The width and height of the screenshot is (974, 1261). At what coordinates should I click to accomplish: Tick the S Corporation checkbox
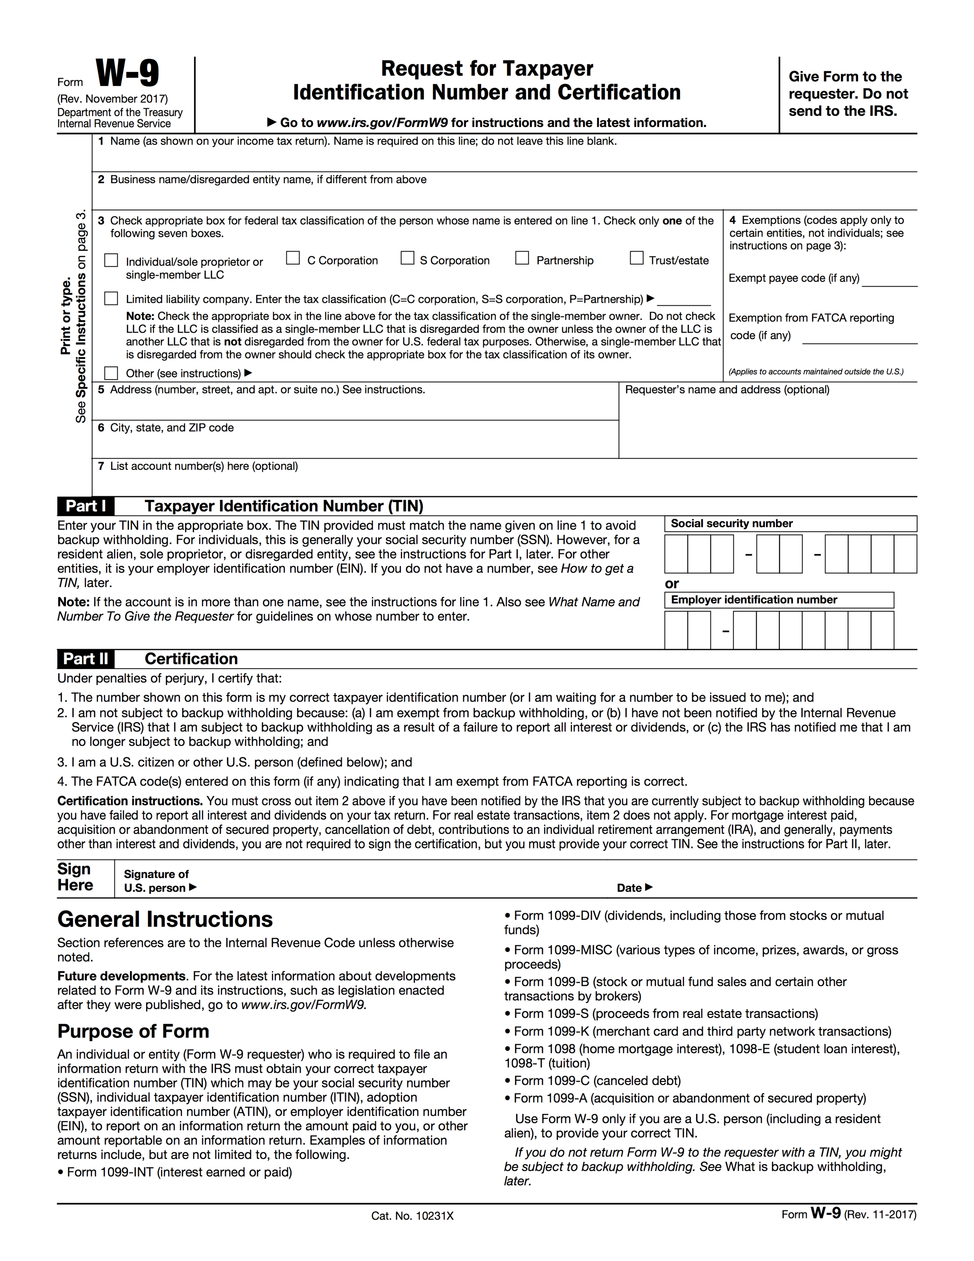[408, 258]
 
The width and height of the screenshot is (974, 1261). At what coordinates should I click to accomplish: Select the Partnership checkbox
[522, 258]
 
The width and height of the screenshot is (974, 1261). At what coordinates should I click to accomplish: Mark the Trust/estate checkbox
[636, 258]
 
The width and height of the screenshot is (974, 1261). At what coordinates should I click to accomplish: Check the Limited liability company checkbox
[111, 298]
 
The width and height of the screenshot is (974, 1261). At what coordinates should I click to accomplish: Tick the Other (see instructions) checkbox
[111, 373]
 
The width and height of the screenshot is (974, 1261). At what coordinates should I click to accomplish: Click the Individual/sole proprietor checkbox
[111, 260]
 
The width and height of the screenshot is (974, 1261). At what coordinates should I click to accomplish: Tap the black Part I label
[85, 506]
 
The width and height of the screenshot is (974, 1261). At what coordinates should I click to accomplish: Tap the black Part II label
[85, 659]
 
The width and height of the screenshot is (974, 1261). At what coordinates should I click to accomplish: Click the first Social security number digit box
[676, 554]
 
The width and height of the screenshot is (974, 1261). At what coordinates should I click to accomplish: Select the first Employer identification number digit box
[676, 630]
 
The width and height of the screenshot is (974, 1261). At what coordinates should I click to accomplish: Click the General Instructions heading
[165, 919]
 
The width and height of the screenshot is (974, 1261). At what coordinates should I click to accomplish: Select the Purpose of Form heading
[133, 1031]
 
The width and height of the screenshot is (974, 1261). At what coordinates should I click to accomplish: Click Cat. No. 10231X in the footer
[412, 1216]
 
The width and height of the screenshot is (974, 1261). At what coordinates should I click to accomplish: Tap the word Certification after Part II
[191, 659]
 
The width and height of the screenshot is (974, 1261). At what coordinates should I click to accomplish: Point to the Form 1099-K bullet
[697, 1031]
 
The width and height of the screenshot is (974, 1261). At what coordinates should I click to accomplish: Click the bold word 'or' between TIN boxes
[671, 584]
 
